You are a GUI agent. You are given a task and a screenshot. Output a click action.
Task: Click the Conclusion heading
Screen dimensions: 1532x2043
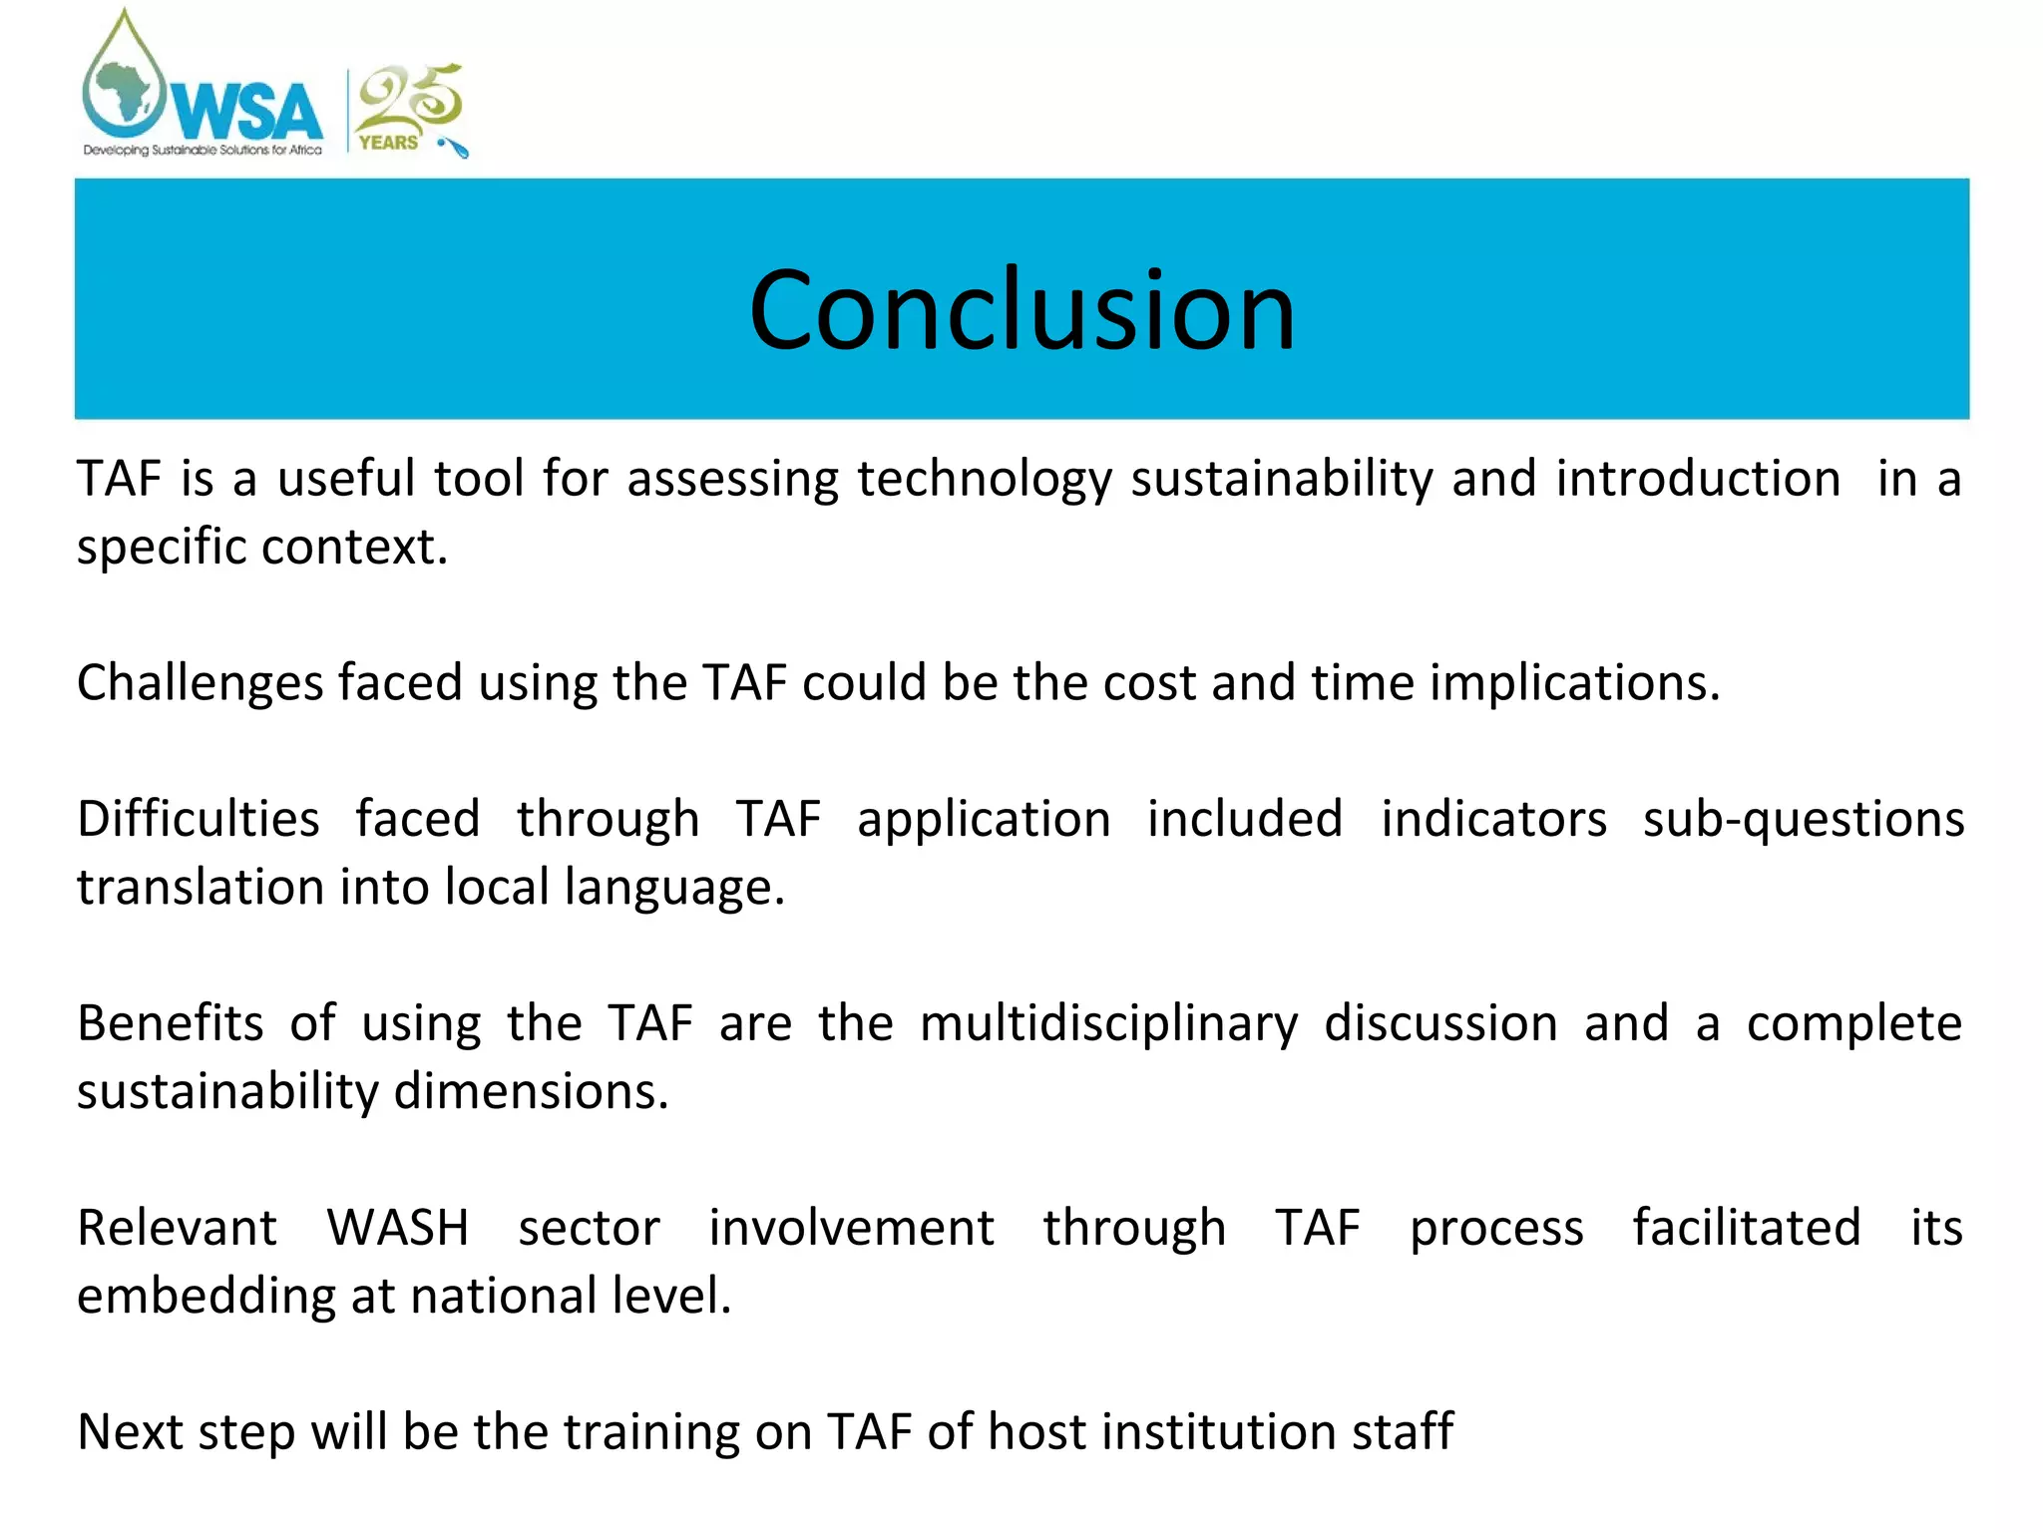pos(1021,310)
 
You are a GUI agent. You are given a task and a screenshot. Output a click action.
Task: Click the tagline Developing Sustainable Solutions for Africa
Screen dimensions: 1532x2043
pos(203,151)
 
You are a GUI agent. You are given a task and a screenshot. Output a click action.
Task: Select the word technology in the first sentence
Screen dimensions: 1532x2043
pos(984,479)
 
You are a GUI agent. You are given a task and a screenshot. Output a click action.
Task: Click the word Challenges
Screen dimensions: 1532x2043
pos(201,684)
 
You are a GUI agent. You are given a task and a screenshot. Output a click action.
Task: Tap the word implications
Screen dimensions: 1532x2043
pos(1574,684)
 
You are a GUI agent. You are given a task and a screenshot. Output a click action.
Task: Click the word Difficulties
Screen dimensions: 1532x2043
pos(199,820)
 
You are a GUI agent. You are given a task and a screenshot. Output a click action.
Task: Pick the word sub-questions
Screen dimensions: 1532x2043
pos(1803,820)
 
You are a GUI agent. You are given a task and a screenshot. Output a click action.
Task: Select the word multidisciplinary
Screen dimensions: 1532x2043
pos(1108,1024)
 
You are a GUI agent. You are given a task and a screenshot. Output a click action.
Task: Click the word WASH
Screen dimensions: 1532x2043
pos(397,1228)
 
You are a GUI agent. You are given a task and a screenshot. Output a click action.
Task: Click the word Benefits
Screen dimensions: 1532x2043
pos(171,1024)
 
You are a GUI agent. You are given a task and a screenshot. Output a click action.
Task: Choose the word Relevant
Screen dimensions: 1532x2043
pos(178,1228)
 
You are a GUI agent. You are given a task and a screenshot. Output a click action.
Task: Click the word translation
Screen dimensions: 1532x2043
pos(200,888)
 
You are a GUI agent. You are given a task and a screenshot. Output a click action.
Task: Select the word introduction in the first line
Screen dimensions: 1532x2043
pos(1698,479)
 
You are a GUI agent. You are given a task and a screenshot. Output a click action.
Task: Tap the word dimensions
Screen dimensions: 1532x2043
pos(531,1092)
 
